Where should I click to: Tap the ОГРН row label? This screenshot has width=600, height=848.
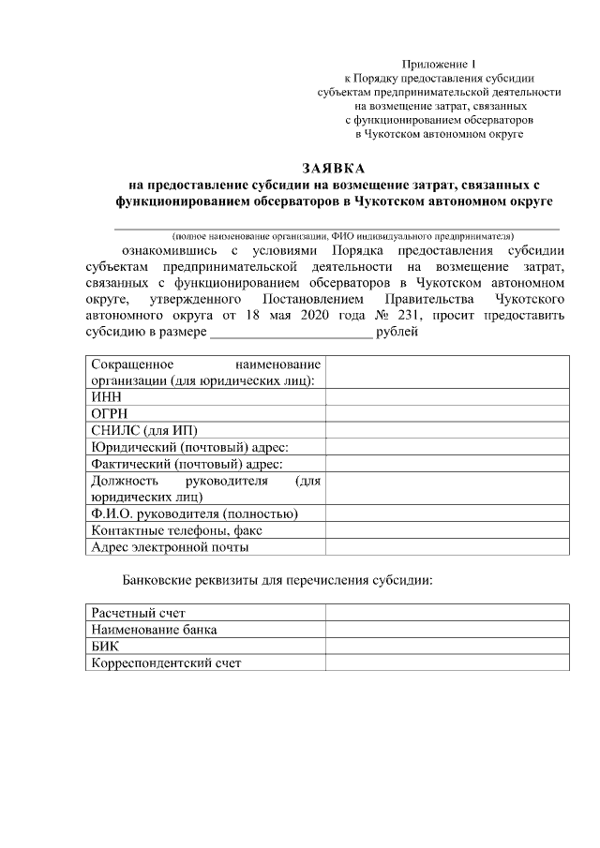109,413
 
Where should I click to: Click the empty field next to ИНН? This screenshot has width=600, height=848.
447,396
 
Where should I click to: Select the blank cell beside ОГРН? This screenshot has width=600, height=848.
447,413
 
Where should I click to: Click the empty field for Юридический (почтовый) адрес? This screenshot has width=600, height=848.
447,447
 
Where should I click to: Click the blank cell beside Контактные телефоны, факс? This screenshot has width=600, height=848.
447,530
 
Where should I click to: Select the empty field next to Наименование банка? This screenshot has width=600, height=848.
447,630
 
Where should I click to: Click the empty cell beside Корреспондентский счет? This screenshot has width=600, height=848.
447,663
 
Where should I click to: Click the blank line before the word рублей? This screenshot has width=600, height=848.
291,334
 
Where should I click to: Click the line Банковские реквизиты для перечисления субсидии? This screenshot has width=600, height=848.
277,580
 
